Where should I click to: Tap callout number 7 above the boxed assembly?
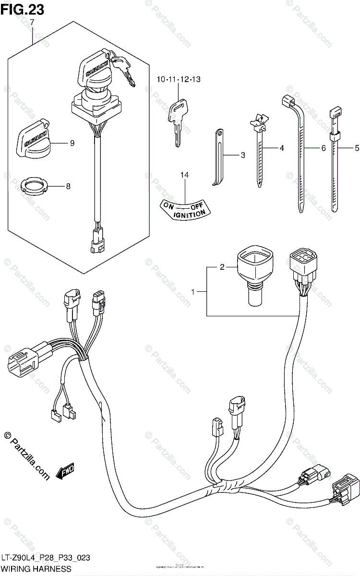tap(32, 23)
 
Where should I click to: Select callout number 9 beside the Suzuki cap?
tap(72, 143)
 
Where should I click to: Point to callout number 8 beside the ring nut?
tap(68, 186)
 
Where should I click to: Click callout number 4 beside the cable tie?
tap(282, 148)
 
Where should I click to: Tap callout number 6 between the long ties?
tap(324, 148)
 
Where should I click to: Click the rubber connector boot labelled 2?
tap(253, 276)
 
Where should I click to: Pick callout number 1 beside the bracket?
tap(193, 291)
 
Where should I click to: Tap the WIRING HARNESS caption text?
tap(36, 568)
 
